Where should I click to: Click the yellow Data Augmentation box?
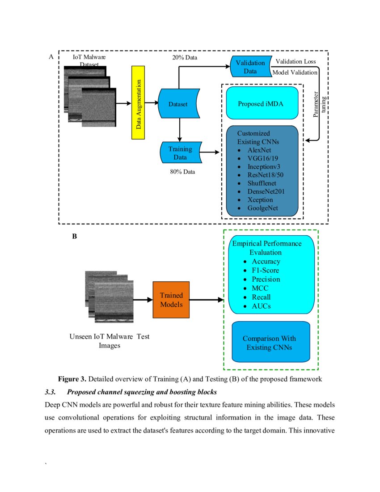[139, 103]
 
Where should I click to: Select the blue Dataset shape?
[178, 104]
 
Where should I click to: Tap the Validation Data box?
[250, 67]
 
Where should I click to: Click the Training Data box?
[180, 153]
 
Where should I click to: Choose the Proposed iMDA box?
[262, 103]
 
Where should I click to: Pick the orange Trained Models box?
[171, 300]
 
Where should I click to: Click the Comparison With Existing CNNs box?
[270, 343]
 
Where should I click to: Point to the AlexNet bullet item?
[259, 150]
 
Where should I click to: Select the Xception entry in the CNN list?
[260, 200]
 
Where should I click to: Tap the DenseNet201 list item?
[266, 191]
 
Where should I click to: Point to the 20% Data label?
[185, 58]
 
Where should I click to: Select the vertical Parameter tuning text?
[319, 104]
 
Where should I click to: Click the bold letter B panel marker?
[75, 237]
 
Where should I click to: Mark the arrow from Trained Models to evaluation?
[206, 300]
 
